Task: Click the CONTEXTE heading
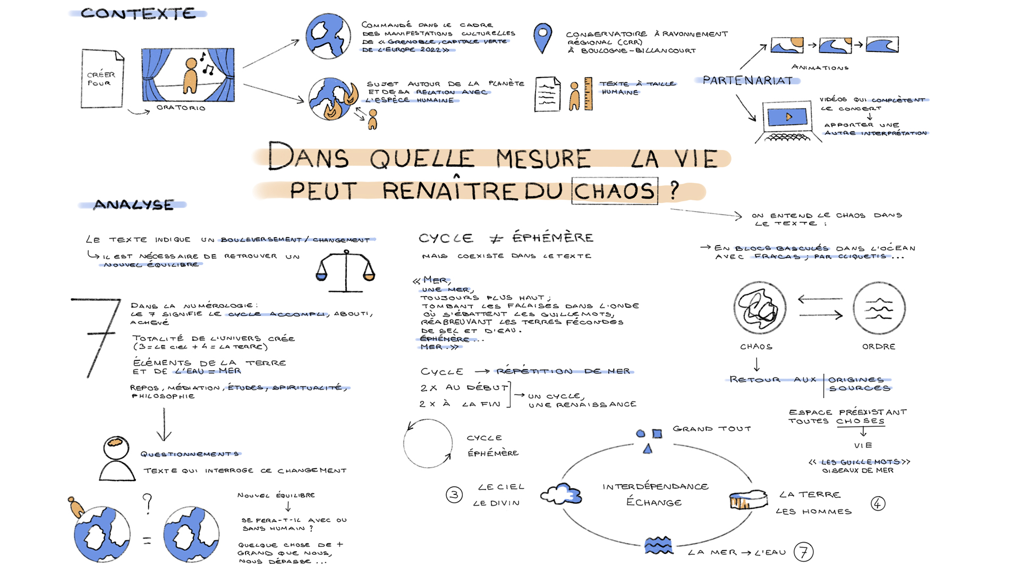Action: (138, 14)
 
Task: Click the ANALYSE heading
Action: (133, 205)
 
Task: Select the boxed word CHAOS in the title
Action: (615, 191)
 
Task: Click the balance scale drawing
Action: (346, 271)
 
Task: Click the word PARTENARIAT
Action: (747, 81)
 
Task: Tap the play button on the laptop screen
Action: (788, 116)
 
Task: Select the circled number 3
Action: (454, 495)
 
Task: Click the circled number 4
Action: (878, 503)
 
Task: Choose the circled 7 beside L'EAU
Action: (803, 552)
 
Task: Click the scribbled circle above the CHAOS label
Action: (759, 308)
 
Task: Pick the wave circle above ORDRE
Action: (879, 308)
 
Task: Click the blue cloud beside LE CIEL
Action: (562, 494)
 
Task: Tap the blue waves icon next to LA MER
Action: (658, 545)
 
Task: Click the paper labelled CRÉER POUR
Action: (102, 79)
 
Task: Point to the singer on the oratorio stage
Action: (190, 76)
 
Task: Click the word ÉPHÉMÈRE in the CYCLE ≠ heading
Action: (552, 238)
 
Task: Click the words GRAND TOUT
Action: (711, 429)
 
